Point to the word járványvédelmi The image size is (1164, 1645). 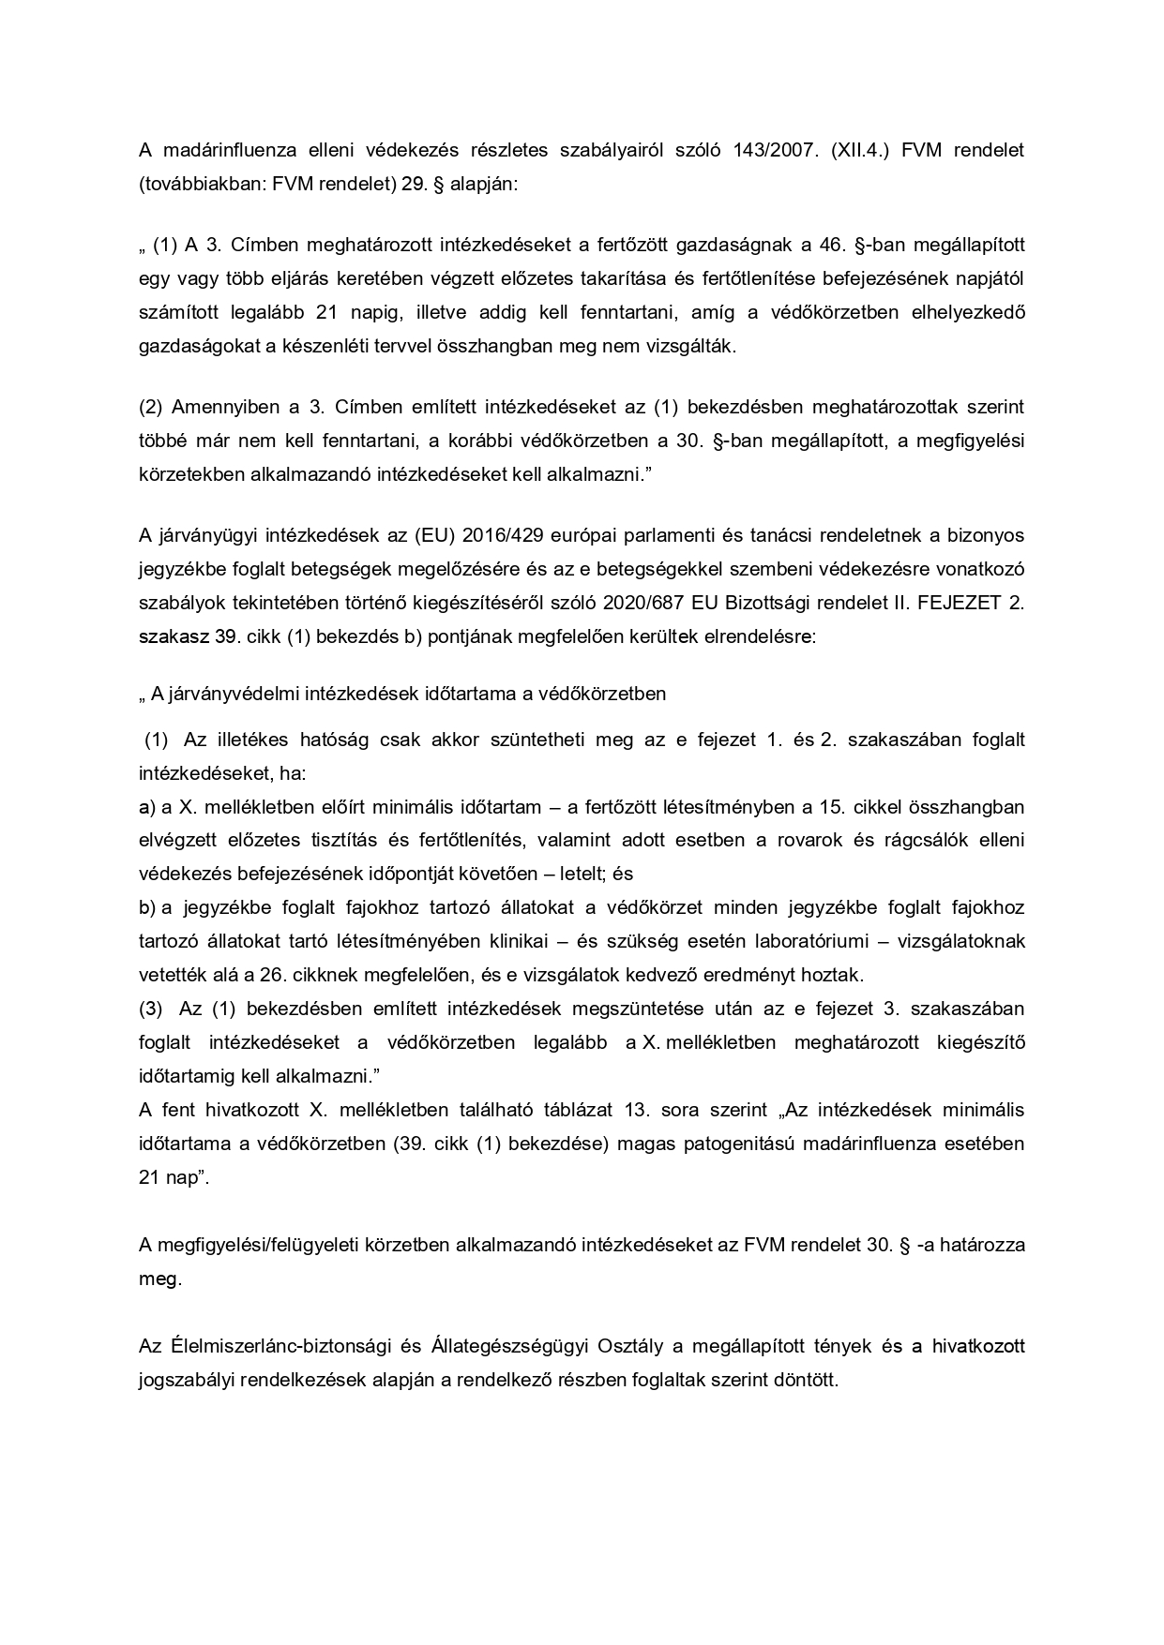[225, 694]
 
